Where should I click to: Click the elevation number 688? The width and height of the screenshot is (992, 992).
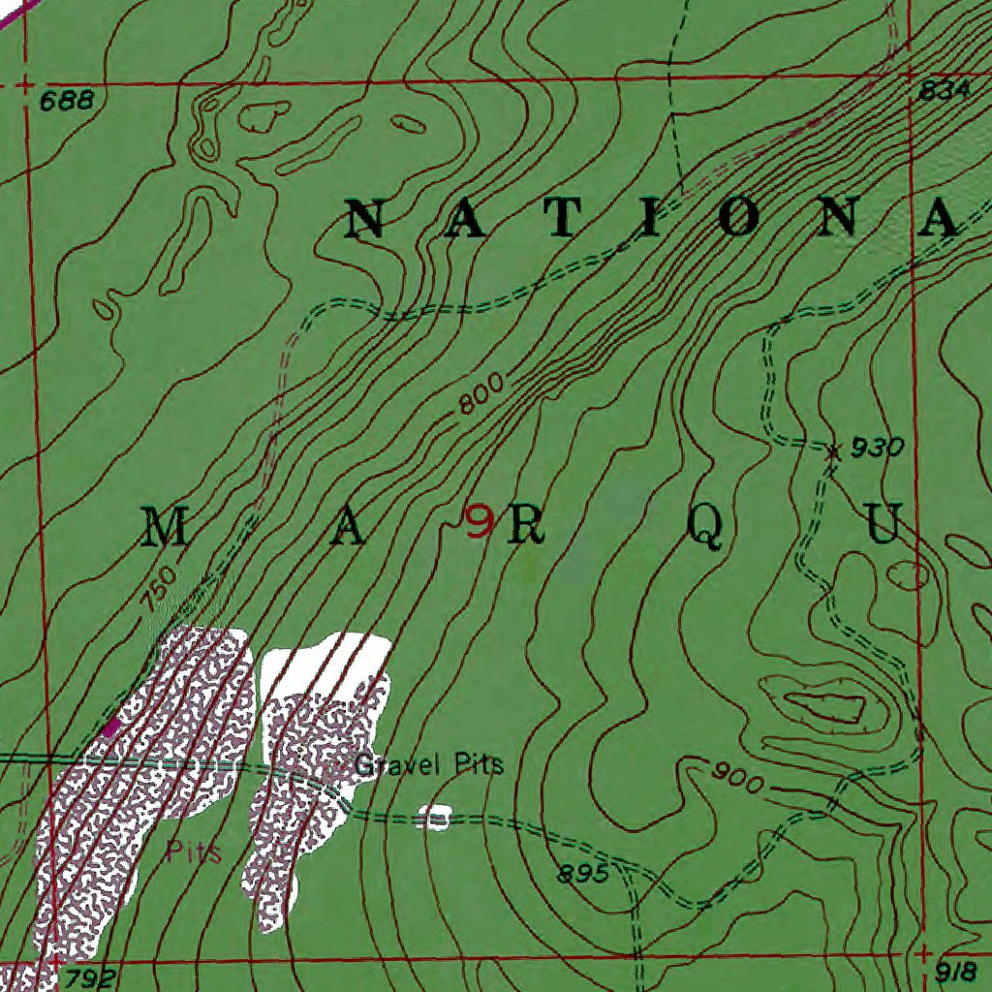click(x=67, y=100)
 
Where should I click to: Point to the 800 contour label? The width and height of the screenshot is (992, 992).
click(x=481, y=395)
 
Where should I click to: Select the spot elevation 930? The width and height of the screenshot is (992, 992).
click(x=877, y=448)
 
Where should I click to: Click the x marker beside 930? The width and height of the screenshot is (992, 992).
click(x=832, y=450)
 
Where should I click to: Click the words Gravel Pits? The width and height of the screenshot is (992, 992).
click(x=429, y=765)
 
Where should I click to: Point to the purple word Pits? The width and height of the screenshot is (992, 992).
click(x=194, y=853)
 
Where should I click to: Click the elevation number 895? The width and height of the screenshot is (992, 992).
click(x=582, y=875)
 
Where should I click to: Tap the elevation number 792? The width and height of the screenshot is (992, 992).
click(x=90, y=977)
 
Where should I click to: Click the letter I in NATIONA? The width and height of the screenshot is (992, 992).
click(x=647, y=218)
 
